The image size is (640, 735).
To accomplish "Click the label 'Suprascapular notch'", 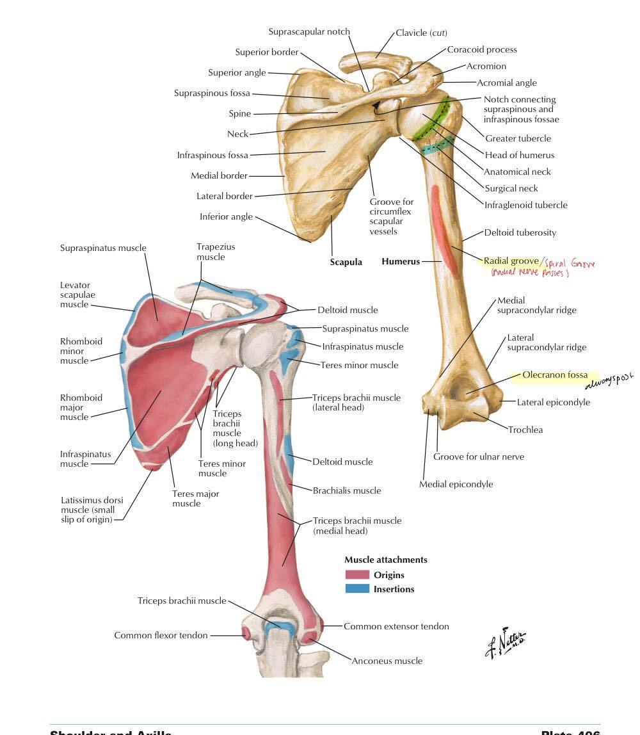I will [x=309, y=31].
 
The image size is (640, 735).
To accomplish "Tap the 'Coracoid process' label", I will [x=481, y=49].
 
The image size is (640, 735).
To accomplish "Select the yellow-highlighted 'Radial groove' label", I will [x=511, y=261].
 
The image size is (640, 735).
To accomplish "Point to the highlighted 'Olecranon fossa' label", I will [x=554, y=375].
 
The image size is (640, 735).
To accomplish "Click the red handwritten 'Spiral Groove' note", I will [x=569, y=263].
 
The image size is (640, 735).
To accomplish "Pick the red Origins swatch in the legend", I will [x=357, y=575].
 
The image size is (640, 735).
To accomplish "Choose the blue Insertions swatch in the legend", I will [x=357, y=589].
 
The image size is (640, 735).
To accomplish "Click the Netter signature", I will [x=506, y=642].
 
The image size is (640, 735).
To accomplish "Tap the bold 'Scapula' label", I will [x=346, y=262].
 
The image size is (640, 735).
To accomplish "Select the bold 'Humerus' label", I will [x=401, y=261].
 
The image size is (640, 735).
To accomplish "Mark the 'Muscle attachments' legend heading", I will [x=386, y=560].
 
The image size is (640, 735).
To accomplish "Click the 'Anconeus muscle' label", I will [x=387, y=661].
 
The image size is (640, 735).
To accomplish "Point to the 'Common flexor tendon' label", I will [x=161, y=635].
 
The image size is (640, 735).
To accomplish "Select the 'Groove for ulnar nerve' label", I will [x=479, y=456].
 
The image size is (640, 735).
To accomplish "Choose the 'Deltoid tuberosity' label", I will [x=520, y=232].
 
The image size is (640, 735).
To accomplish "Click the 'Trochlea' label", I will [x=525, y=430].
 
